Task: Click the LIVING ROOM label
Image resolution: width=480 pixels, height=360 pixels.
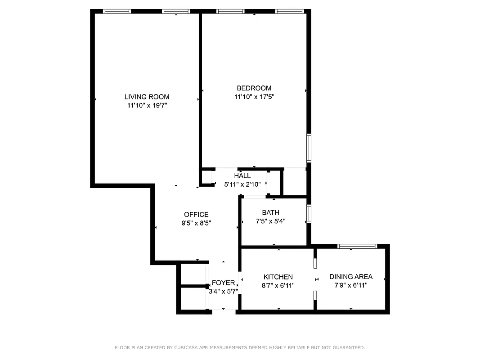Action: point(147,97)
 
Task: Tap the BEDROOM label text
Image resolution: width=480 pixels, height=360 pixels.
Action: point(254,88)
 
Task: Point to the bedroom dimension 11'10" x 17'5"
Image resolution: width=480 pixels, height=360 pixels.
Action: point(254,97)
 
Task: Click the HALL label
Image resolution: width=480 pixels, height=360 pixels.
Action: point(242,176)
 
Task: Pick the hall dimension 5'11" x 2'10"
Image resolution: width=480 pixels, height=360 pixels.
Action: point(242,184)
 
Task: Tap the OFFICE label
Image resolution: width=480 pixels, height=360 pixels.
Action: point(196,215)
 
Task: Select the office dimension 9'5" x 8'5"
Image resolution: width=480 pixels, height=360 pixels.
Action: point(196,223)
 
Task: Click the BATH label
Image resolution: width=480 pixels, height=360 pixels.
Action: point(270,213)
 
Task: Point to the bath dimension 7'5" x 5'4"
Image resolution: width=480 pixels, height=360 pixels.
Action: point(270,221)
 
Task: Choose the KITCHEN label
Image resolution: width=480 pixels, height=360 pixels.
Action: point(278,277)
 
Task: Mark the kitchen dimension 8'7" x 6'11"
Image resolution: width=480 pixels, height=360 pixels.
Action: point(278,285)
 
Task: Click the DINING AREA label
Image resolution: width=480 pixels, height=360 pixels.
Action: point(351,277)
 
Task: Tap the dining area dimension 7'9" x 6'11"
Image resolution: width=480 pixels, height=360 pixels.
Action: point(351,285)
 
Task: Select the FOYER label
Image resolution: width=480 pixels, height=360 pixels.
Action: point(224,283)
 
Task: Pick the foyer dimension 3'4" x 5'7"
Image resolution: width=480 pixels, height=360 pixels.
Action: point(224,291)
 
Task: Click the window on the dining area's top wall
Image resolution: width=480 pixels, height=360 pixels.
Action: point(357,246)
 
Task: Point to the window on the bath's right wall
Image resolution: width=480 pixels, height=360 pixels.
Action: point(309,214)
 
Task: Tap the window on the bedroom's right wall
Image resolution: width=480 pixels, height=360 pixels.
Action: point(309,148)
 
